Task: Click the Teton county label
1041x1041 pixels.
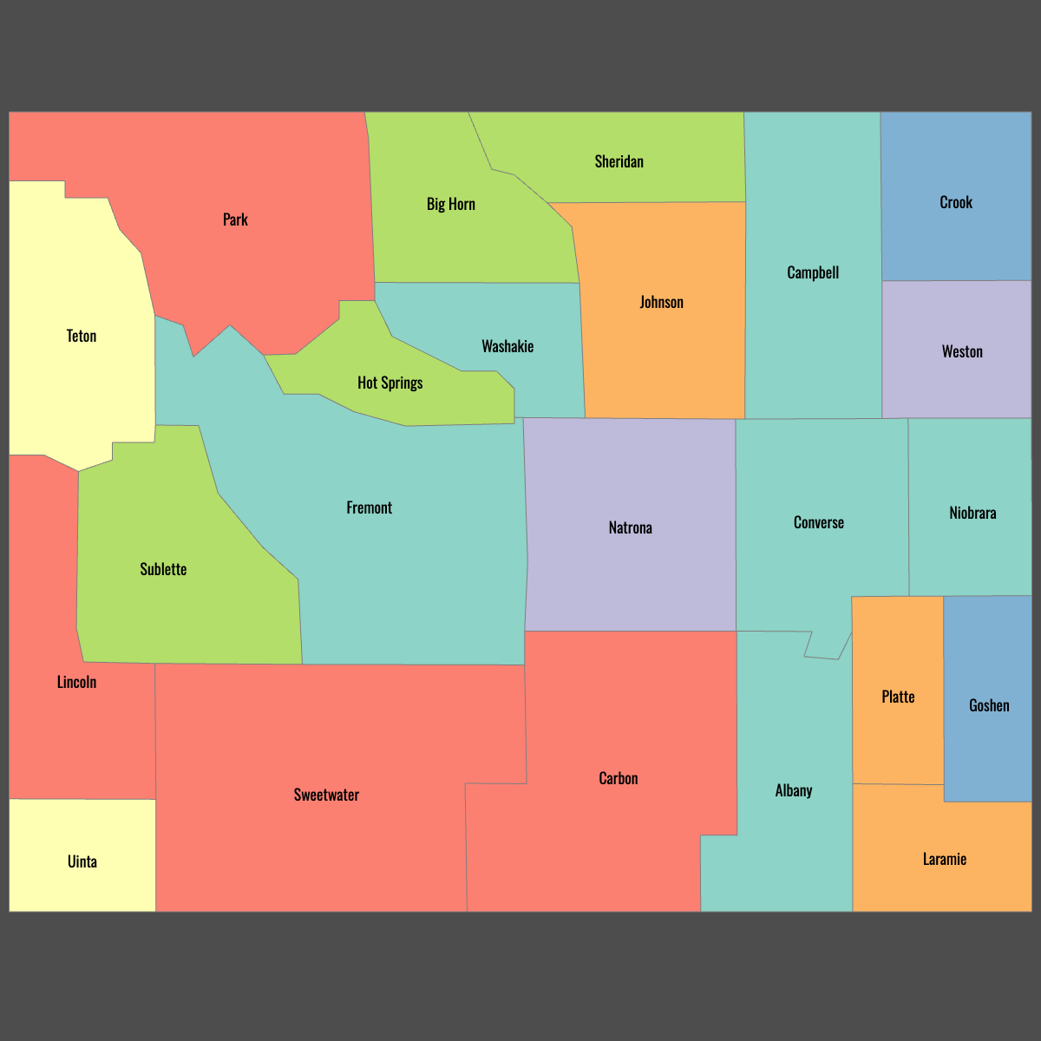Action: [82, 336]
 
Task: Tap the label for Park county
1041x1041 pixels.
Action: [235, 219]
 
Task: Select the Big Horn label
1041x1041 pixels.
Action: [451, 204]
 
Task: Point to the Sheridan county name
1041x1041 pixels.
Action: [619, 161]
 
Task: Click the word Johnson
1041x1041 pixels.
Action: [662, 302]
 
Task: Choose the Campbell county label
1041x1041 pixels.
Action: [813, 272]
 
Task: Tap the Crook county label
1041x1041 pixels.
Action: [956, 202]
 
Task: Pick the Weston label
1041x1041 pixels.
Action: [962, 351]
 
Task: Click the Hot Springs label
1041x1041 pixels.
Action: [390, 383]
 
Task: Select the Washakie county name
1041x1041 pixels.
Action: [507, 346]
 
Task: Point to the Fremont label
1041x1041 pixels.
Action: [370, 507]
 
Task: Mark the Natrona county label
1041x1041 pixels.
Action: [631, 527]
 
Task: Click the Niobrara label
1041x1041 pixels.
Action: [972, 513]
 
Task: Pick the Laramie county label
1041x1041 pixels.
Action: [945, 859]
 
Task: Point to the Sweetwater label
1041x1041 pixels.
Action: [326, 795]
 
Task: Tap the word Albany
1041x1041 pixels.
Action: [794, 790]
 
